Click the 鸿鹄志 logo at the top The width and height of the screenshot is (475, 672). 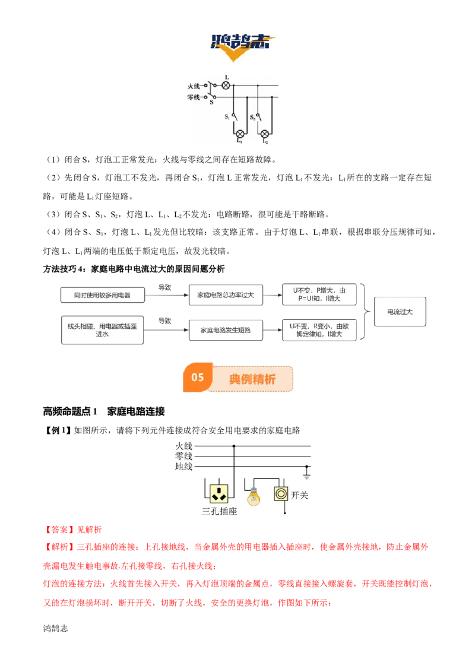coord(242,46)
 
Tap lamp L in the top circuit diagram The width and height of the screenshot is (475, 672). coord(226,85)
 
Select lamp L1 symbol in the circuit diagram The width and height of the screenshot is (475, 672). coord(240,134)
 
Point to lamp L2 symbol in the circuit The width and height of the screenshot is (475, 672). coord(265,134)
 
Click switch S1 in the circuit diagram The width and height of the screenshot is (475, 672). coord(234,116)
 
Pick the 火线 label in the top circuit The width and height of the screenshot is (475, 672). coord(194,85)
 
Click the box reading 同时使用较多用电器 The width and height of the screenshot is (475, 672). coord(103,295)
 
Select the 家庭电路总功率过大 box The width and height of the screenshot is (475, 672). coord(226,295)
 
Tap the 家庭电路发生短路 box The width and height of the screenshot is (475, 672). coord(226,330)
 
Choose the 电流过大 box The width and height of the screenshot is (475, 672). coord(400,312)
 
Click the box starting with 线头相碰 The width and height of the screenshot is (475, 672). coord(102,330)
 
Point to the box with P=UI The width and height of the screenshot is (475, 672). coord(319,294)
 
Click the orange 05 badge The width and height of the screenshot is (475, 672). coord(198,377)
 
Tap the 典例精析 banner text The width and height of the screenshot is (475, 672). coord(252,379)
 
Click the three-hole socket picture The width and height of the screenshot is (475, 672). coord(219,493)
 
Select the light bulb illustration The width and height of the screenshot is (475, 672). coord(254,497)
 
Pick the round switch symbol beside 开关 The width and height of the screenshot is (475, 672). coord(281,494)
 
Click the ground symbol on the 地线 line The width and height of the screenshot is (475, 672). coord(306,473)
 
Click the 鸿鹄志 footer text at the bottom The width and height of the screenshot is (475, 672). coord(55,628)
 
